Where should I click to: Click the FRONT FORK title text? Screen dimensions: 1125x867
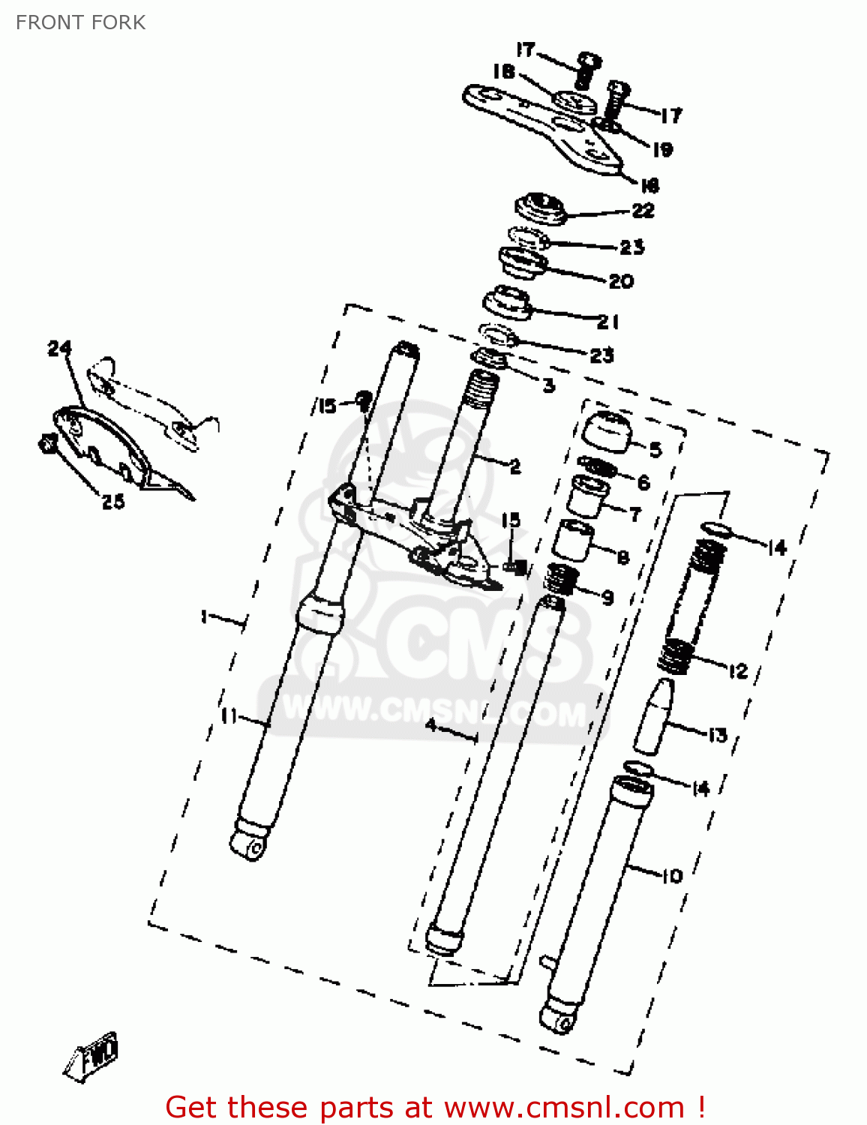(80, 22)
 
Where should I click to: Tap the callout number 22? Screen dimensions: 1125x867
(643, 210)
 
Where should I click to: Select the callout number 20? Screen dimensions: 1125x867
(621, 281)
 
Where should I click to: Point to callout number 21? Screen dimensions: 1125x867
(608, 322)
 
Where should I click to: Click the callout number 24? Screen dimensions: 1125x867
(60, 349)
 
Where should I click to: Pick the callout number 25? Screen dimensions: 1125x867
(113, 501)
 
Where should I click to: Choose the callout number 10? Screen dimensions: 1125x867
(672, 875)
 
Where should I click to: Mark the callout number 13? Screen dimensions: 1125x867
(718, 735)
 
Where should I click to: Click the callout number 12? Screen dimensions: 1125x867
(738, 670)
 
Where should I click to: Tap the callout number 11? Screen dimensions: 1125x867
(229, 716)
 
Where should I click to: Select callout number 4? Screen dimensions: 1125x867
(431, 725)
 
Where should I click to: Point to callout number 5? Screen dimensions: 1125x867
(655, 449)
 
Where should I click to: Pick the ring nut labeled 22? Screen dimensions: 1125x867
(540, 208)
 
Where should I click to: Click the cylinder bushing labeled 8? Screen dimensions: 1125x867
(574, 540)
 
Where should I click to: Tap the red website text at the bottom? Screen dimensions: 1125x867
(435, 1107)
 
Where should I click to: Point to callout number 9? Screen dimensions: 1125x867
(607, 597)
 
